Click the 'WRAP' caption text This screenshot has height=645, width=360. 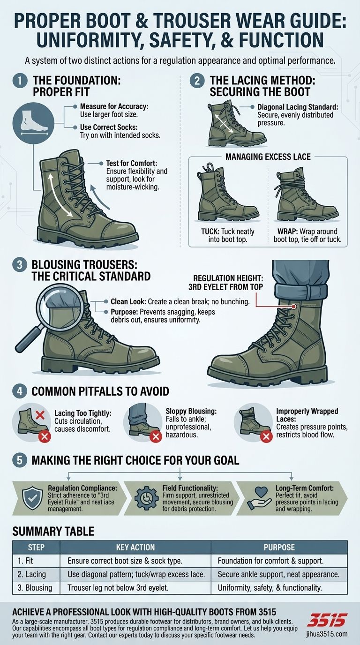[307, 235]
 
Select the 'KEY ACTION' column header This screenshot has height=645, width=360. [136, 547]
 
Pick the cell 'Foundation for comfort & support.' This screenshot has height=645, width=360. [271, 560]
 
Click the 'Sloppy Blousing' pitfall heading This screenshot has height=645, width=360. [191, 411]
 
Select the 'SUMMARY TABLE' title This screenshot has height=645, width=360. [53, 532]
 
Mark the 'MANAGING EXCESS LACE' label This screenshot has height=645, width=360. [268, 157]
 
